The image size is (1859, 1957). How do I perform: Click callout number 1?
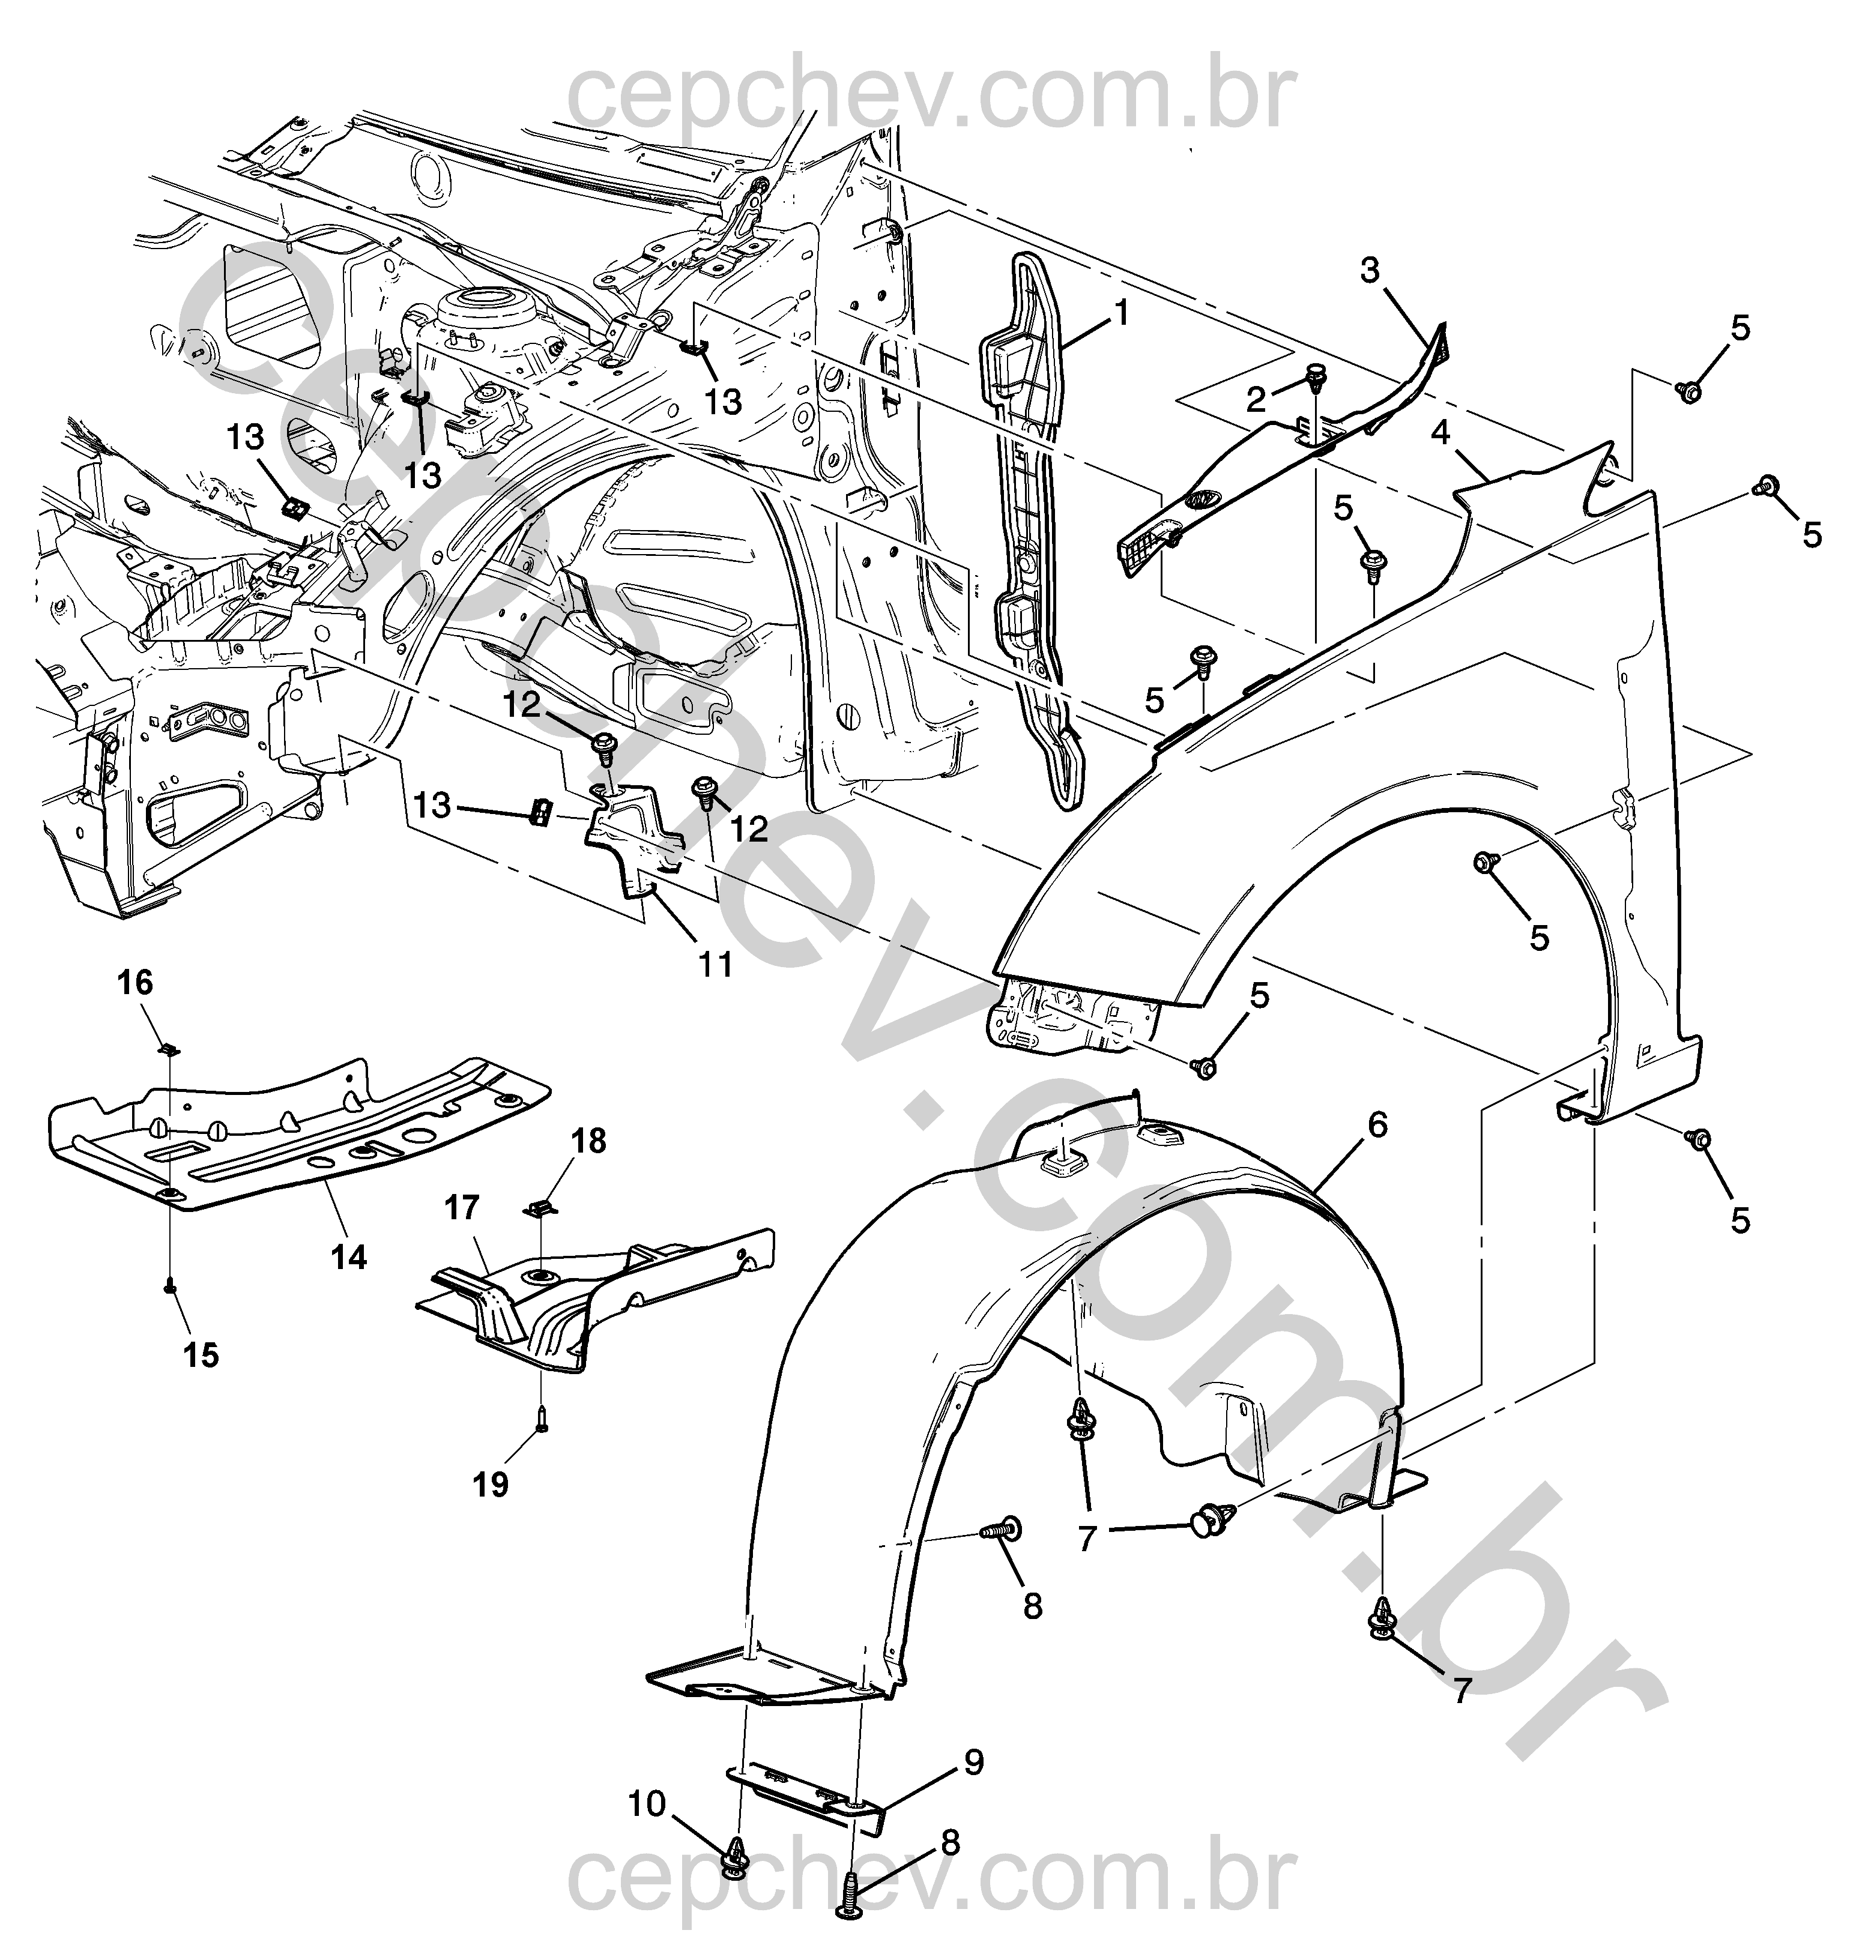(1122, 314)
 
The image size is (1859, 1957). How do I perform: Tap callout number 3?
(1370, 270)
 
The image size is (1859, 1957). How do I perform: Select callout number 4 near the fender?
(1440, 432)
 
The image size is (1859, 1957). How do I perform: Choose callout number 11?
(716, 963)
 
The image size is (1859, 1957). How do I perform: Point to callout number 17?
(462, 1208)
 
